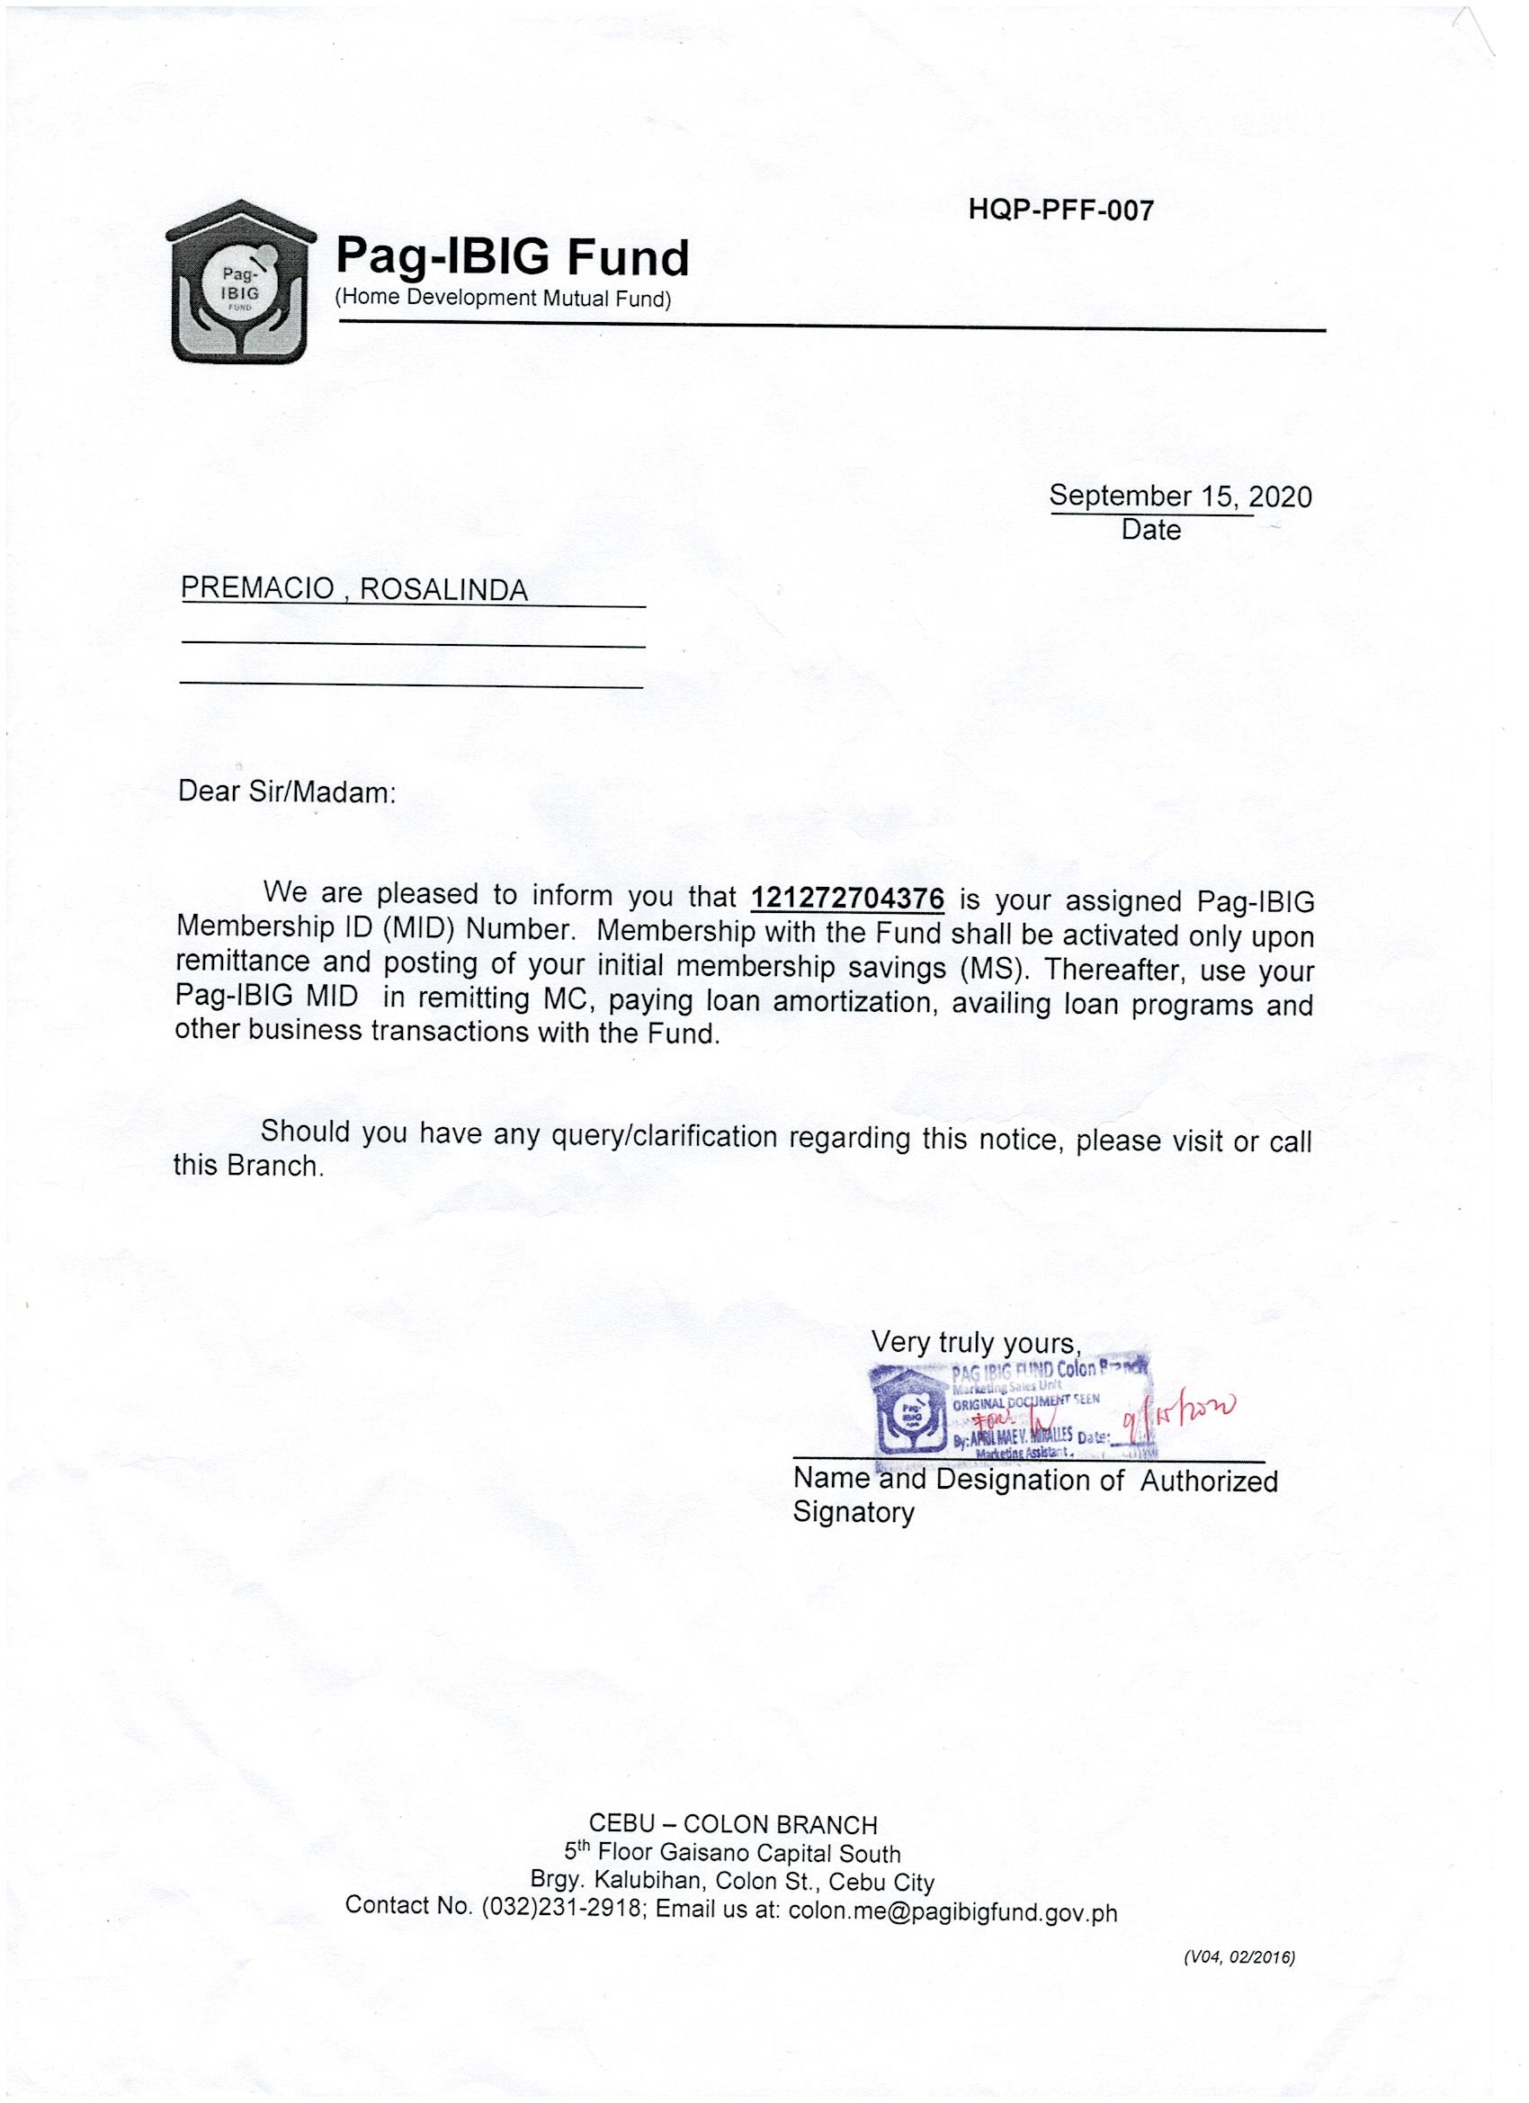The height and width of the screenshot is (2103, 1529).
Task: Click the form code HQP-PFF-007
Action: tap(1060, 211)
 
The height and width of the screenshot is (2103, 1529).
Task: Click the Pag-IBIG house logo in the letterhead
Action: tap(241, 282)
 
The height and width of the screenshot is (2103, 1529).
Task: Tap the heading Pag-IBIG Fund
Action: tap(512, 257)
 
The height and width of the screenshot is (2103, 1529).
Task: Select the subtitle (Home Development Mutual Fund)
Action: tap(502, 299)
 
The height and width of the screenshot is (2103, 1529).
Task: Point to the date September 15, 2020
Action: tap(1180, 497)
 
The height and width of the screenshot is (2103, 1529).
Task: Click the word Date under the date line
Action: tap(1150, 530)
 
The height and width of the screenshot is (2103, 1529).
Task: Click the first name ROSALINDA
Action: tap(443, 590)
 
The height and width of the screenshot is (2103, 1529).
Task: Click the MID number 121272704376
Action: tap(846, 897)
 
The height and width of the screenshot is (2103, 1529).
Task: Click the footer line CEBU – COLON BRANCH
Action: tap(732, 1825)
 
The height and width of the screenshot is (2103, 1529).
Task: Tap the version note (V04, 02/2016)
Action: tap(1238, 1976)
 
